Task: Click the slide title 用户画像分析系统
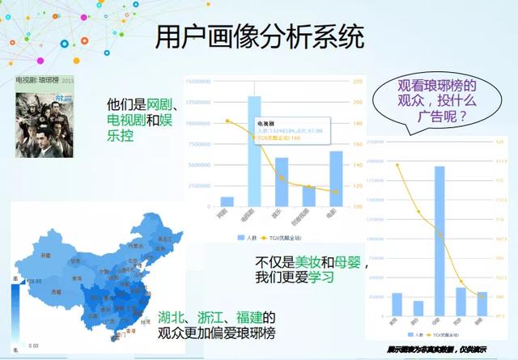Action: (x=259, y=37)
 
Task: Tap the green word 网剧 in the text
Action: (x=157, y=105)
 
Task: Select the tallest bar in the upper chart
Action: (x=254, y=150)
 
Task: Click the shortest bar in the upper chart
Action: (x=227, y=201)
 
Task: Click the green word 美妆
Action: (x=306, y=262)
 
